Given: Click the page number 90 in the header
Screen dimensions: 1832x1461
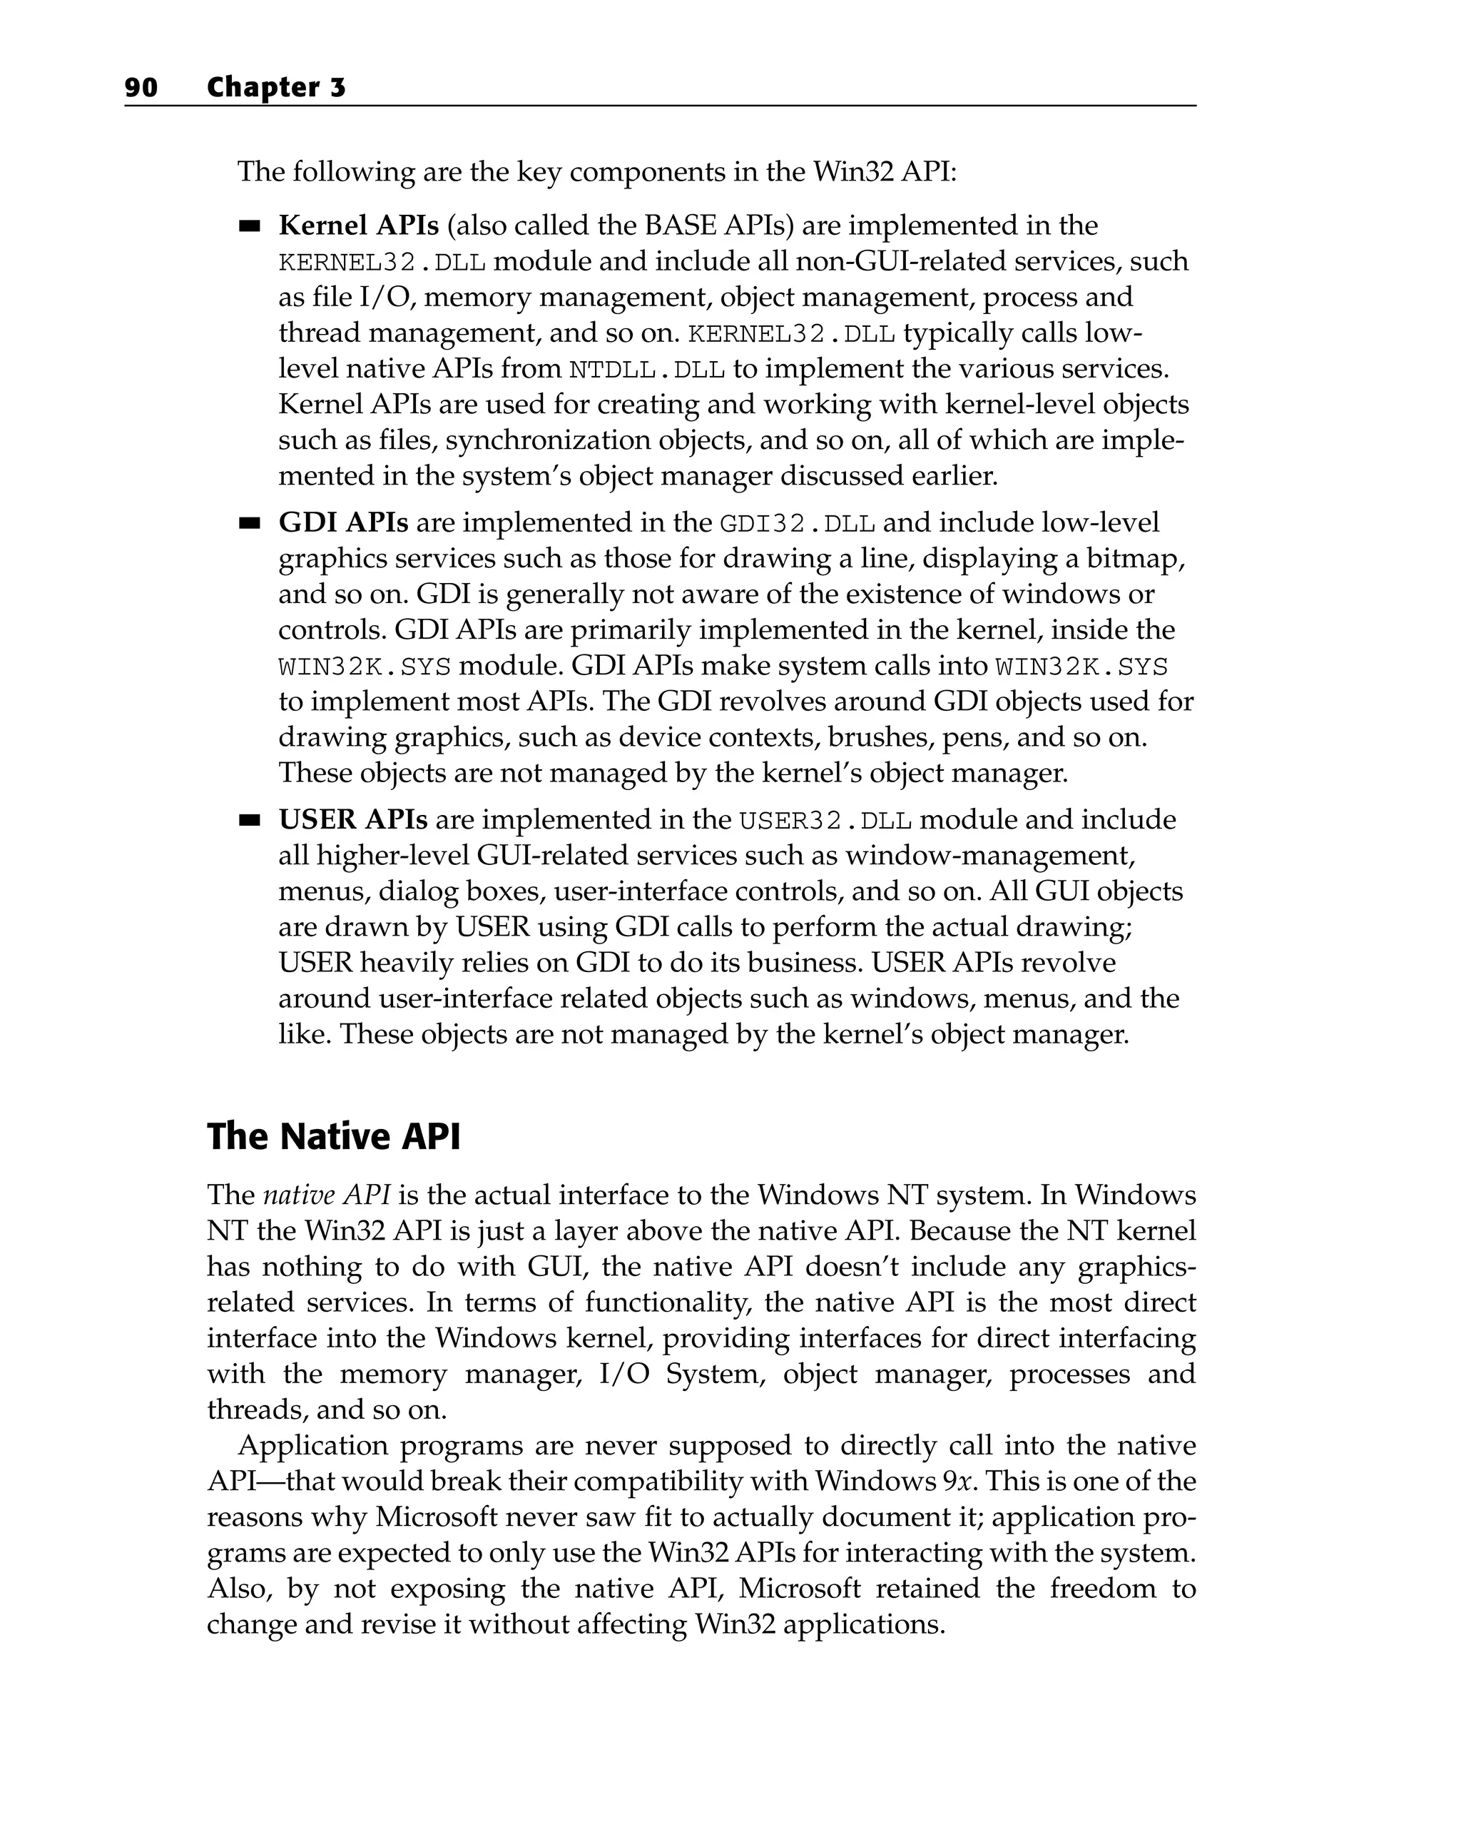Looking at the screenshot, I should pyautogui.click(x=141, y=88).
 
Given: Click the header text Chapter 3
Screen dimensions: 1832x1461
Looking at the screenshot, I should pyautogui.click(x=276, y=88).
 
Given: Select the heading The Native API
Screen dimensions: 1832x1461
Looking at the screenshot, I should pyautogui.click(x=333, y=1137).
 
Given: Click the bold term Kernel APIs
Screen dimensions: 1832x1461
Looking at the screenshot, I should pyautogui.click(x=358, y=226).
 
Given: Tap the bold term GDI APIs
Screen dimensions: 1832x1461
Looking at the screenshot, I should pyautogui.click(x=343, y=522).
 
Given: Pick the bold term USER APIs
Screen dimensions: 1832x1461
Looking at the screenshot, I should pyautogui.click(x=352, y=820).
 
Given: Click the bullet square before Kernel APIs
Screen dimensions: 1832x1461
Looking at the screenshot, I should pyautogui.click(x=249, y=227).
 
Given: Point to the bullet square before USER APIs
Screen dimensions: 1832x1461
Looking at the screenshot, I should pyautogui.click(x=249, y=821).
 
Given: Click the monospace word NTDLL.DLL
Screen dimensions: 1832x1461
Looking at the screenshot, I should pyautogui.click(x=646, y=370).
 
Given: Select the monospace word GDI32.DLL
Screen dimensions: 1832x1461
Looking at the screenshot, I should pyautogui.click(x=797, y=523).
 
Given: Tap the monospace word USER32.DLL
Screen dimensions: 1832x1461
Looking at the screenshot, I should pyautogui.click(x=825, y=821).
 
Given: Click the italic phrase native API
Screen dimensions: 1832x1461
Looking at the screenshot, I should pyautogui.click(x=326, y=1195).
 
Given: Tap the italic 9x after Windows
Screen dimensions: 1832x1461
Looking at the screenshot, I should pyautogui.click(x=957, y=1482).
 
